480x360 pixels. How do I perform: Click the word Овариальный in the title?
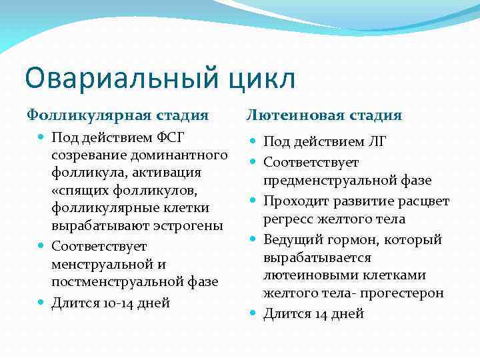(112, 78)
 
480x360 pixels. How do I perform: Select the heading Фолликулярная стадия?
(117, 115)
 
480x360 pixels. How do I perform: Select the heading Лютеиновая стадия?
(324, 115)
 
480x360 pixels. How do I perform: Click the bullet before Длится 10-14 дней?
(41, 302)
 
